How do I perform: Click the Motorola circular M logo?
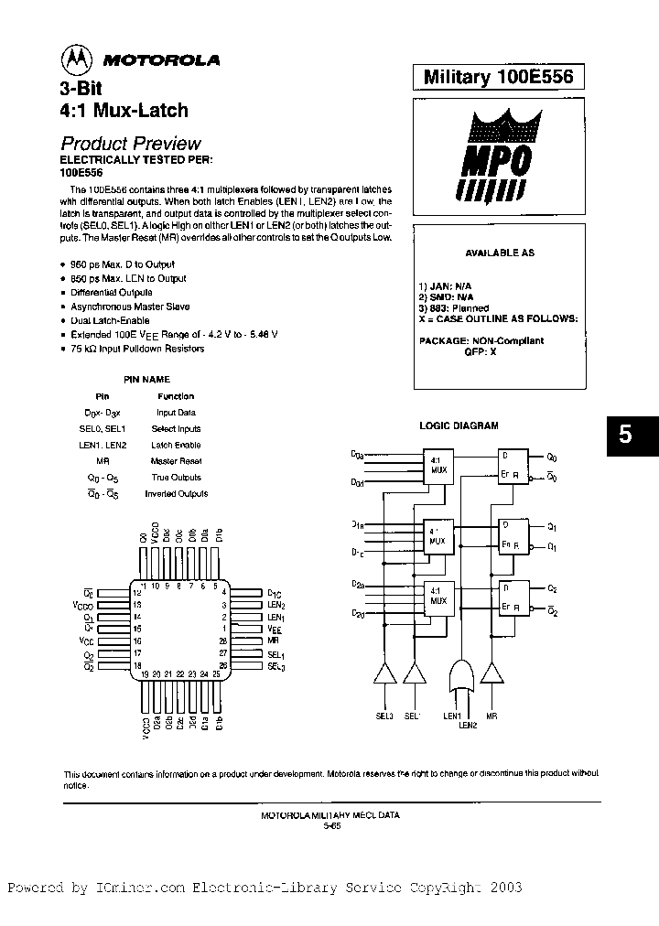point(77,60)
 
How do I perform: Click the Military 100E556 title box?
point(499,78)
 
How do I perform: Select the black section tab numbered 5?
point(625,436)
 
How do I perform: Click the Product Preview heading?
point(130,144)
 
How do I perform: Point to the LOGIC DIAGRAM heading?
point(459,425)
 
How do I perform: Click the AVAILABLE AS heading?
point(500,253)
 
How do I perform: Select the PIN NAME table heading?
point(146,379)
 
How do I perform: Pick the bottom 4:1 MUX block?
point(438,597)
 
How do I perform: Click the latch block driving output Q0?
point(512,466)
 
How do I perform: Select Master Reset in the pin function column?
point(176,461)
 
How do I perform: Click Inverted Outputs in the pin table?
point(176,494)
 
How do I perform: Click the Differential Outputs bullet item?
point(112,293)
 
